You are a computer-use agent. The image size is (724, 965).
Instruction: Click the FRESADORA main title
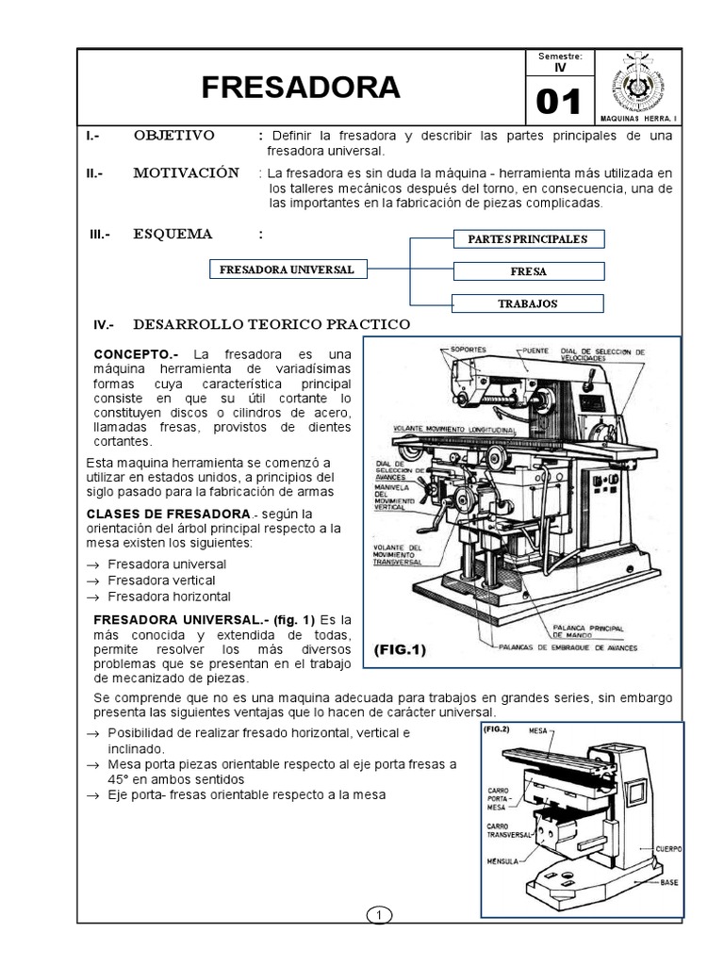click(x=301, y=88)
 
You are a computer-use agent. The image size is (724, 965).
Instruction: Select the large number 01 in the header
click(x=559, y=102)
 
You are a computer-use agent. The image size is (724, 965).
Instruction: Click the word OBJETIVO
click(x=173, y=136)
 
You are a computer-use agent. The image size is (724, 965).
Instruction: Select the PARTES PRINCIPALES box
click(x=528, y=238)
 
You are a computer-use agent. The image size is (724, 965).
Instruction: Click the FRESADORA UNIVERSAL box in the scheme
click(x=287, y=270)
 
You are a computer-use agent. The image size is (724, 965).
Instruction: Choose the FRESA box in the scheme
click(x=528, y=271)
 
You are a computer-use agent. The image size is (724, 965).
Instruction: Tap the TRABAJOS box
click(x=528, y=303)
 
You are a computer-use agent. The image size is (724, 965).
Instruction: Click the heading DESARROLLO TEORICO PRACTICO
click(x=271, y=324)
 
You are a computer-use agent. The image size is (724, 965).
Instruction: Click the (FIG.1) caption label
click(x=401, y=650)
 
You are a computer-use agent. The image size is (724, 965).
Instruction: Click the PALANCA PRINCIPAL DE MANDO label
click(x=599, y=633)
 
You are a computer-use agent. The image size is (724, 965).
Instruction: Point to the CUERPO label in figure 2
click(x=670, y=848)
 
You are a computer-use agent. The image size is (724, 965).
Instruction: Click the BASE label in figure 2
click(x=668, y=882)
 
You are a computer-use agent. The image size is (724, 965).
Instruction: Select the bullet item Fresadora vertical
click(x=161, y=581)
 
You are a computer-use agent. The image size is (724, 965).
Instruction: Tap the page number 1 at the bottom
click(x=377, y=915)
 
